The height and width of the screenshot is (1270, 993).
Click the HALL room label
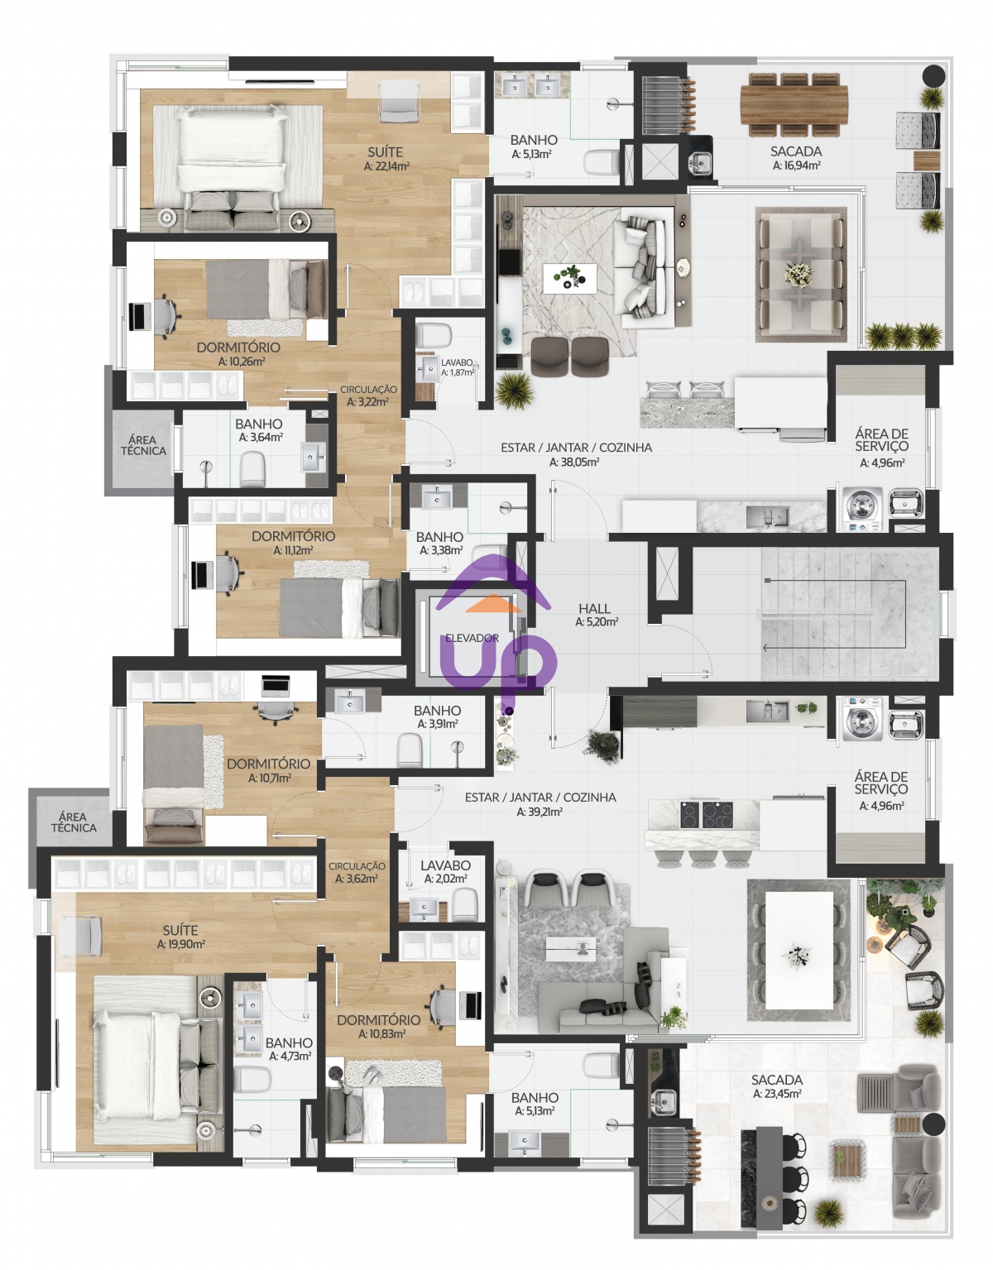coord(594,608)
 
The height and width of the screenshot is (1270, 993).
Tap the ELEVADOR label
coord(472,638)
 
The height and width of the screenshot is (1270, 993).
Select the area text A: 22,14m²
coord(386,166)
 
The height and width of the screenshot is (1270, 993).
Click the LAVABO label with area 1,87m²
coord(457,363)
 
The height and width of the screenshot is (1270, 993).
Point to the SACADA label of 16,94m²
coord(796,151)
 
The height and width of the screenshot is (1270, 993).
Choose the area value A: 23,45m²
coord(777,1094)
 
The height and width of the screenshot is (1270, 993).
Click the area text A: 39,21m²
coord(540,812)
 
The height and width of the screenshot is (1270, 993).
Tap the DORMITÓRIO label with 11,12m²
coord(294,536)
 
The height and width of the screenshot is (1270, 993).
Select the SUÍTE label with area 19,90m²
coord(180,930)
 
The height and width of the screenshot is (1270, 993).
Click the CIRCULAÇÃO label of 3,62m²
coord(357,866)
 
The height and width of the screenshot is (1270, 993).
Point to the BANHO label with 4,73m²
coord(289,1043)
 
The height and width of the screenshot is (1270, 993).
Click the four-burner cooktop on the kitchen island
coord(708,814)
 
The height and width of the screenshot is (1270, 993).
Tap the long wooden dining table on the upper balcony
coord(794,104)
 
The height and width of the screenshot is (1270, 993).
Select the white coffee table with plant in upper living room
coord(569,278)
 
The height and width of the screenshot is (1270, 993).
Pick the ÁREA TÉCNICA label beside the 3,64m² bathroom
coord(143,445)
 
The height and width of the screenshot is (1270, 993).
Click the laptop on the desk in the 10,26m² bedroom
coord(138,317)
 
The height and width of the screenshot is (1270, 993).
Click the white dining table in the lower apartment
coord(799,950)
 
